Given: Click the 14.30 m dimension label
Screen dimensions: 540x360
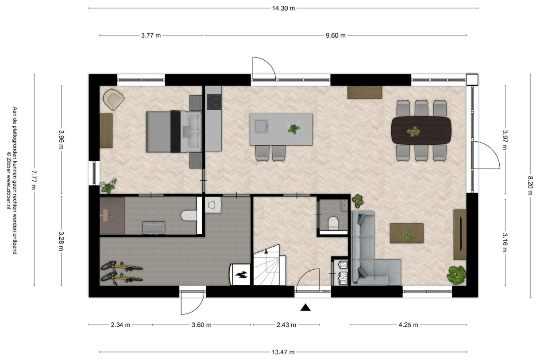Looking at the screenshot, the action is click(x=283, y=8).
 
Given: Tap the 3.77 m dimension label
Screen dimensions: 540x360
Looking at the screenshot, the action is click(x=151, y=35).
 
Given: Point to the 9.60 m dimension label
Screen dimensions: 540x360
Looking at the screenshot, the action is click(x=336, y=35).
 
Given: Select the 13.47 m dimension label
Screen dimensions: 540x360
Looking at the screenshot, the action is click(x=283, y=352).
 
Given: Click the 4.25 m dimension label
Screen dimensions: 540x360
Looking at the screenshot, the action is click(x=409, y=325).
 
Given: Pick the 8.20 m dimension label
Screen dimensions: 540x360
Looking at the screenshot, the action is click(x=531, y=186).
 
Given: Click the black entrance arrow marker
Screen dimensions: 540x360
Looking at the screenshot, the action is click(x=305, y=307).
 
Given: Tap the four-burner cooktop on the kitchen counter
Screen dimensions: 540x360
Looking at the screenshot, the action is click(x=214, y=102).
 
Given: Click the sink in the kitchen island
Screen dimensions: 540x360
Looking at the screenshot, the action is click(x=262, y=126).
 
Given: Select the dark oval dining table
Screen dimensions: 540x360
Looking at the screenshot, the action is click(x=421, y=131).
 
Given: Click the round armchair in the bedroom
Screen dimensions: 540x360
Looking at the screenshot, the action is click(x=113, y=99).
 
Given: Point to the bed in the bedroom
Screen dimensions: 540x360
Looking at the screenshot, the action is click(x=174, y=132).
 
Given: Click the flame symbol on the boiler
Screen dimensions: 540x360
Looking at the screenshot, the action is click(x=242, y=275).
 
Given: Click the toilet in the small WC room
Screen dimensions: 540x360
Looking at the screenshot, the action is click(x=333, y=223).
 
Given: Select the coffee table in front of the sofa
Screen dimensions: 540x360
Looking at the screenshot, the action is click(x=407, y=233).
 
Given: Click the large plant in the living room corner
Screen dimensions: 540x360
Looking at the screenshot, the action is click(x=456, y=275).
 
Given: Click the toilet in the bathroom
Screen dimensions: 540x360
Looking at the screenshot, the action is click(x=189, y=215).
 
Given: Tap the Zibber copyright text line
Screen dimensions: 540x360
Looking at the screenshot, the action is click(x=9, y=180).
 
